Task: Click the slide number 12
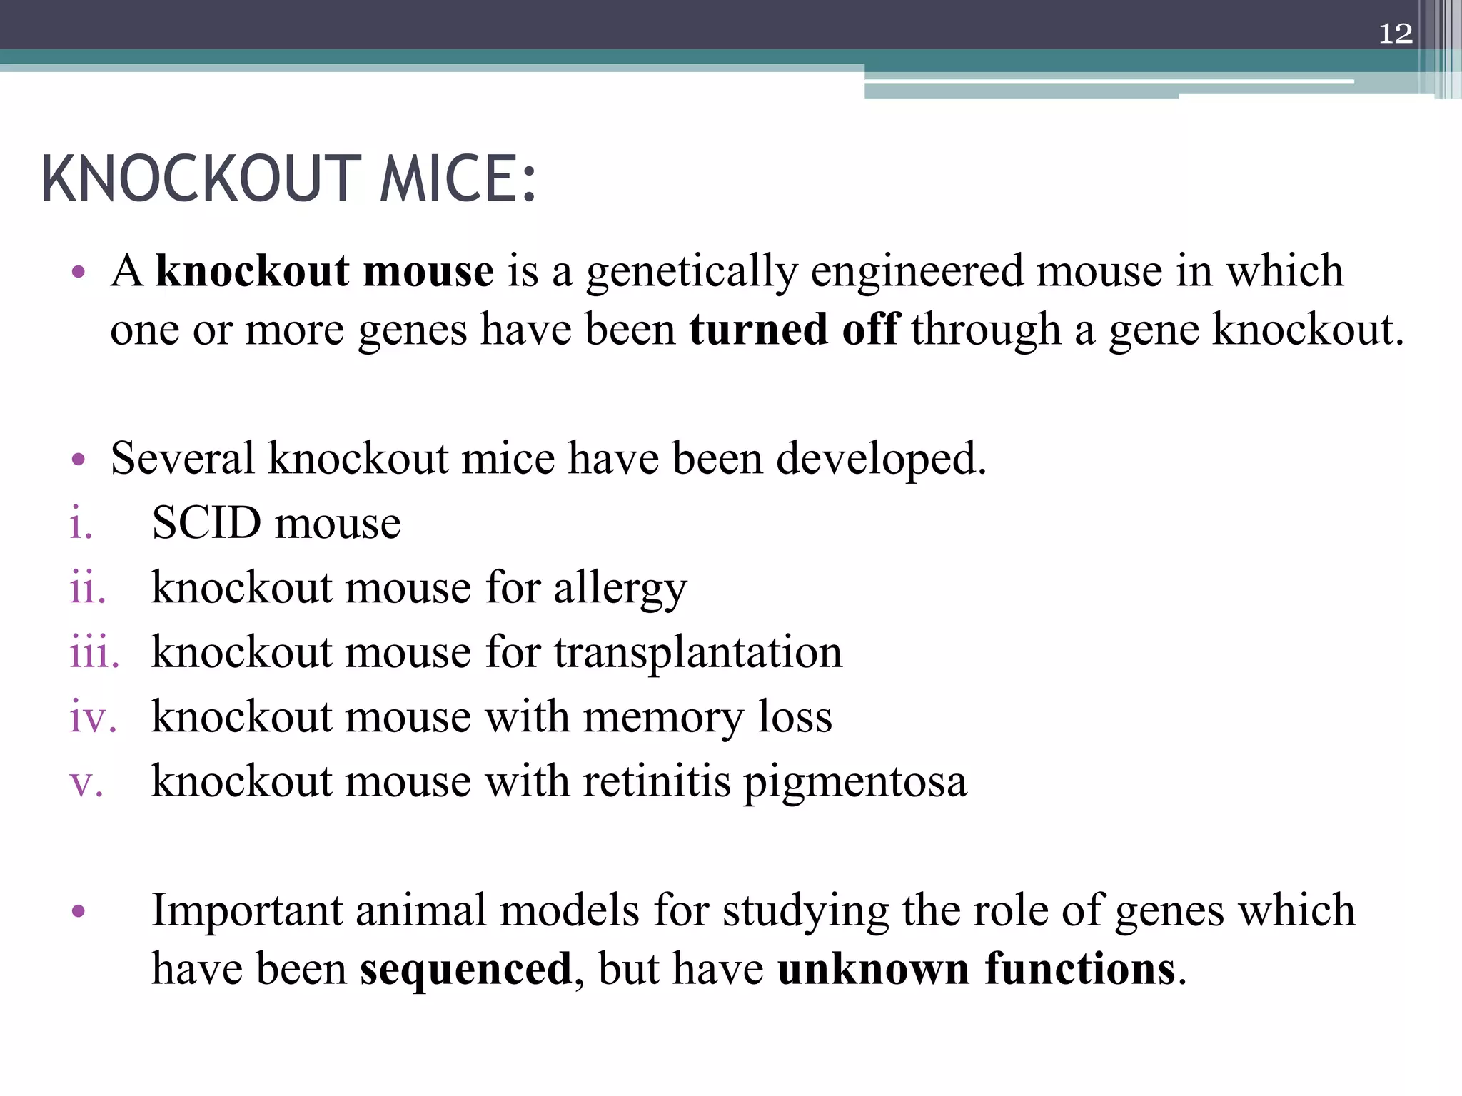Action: coord(1395,34)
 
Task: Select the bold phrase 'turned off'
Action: coord(795,330)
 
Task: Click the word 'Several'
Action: coord(182,458)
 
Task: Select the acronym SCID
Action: coord(207,523)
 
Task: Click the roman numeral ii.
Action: coord(87,589)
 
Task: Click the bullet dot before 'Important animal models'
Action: coord(79,911)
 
